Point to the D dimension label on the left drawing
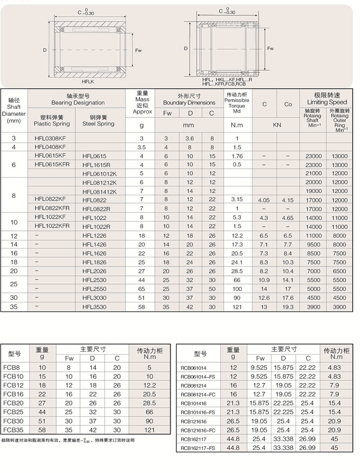click(x=45, y=50)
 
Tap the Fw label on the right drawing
click(x=270, y=48)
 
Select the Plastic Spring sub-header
click(x=52, y=121)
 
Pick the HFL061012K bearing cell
click(x=99, y=173)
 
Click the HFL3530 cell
click(x=94, y=306)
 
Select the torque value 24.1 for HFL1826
click(x=237, y=262)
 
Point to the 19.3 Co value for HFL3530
click(x=288, y=306)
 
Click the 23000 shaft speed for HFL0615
click(x=313, y=156)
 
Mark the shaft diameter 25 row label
click(x=13, y=284)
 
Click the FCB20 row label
click(x=13, y=403)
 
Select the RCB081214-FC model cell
click(x=198, y=394)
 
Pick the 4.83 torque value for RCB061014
click(x=334, y=368)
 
